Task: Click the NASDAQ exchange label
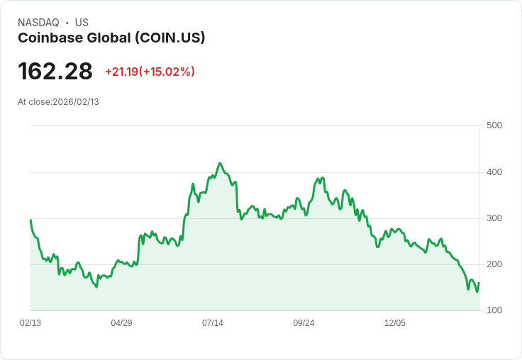38,23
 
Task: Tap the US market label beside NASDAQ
82,23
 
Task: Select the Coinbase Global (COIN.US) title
111,38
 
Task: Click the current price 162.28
55,71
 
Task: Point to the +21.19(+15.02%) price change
150,72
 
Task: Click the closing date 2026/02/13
76,102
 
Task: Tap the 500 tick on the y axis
494,125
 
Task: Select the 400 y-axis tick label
494,172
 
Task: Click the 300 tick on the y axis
494,218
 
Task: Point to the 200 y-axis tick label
494,264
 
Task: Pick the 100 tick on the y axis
494,310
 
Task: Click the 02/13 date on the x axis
30,323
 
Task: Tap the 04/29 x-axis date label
121,323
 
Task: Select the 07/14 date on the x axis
213,323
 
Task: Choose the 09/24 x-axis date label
304,323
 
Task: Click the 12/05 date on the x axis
395,323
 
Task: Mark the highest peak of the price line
220,163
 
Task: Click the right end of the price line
479,283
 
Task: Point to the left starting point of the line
30,220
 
